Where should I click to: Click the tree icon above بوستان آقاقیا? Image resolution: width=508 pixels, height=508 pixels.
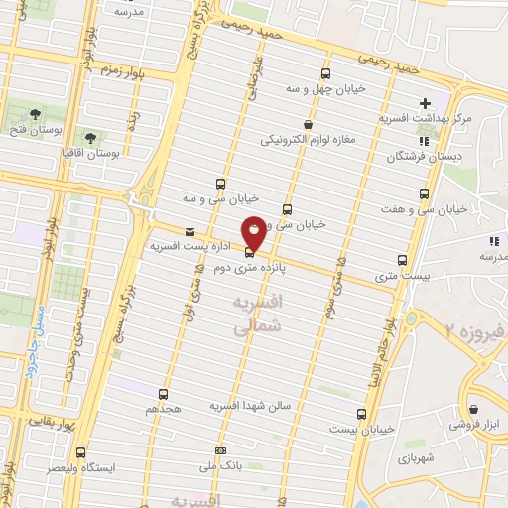[x=90, y=134]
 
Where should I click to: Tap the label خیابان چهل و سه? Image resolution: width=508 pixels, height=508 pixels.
[x=327, y=88]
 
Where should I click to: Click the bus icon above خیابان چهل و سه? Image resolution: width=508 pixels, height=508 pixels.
[x=325, y=73]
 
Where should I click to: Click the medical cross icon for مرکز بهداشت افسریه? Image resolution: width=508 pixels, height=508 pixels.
[x=425, y=103]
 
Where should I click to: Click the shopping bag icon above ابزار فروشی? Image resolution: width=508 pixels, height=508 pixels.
[x=475, y=408]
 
